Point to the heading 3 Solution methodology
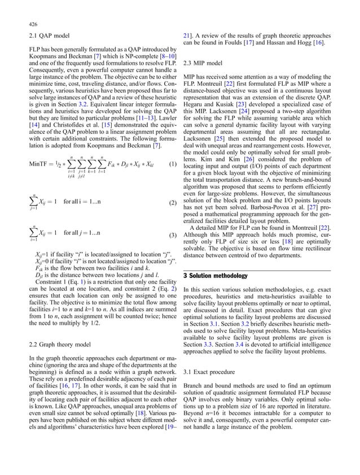click(x=216, y=275)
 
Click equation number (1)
click(x=175, y=180)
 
